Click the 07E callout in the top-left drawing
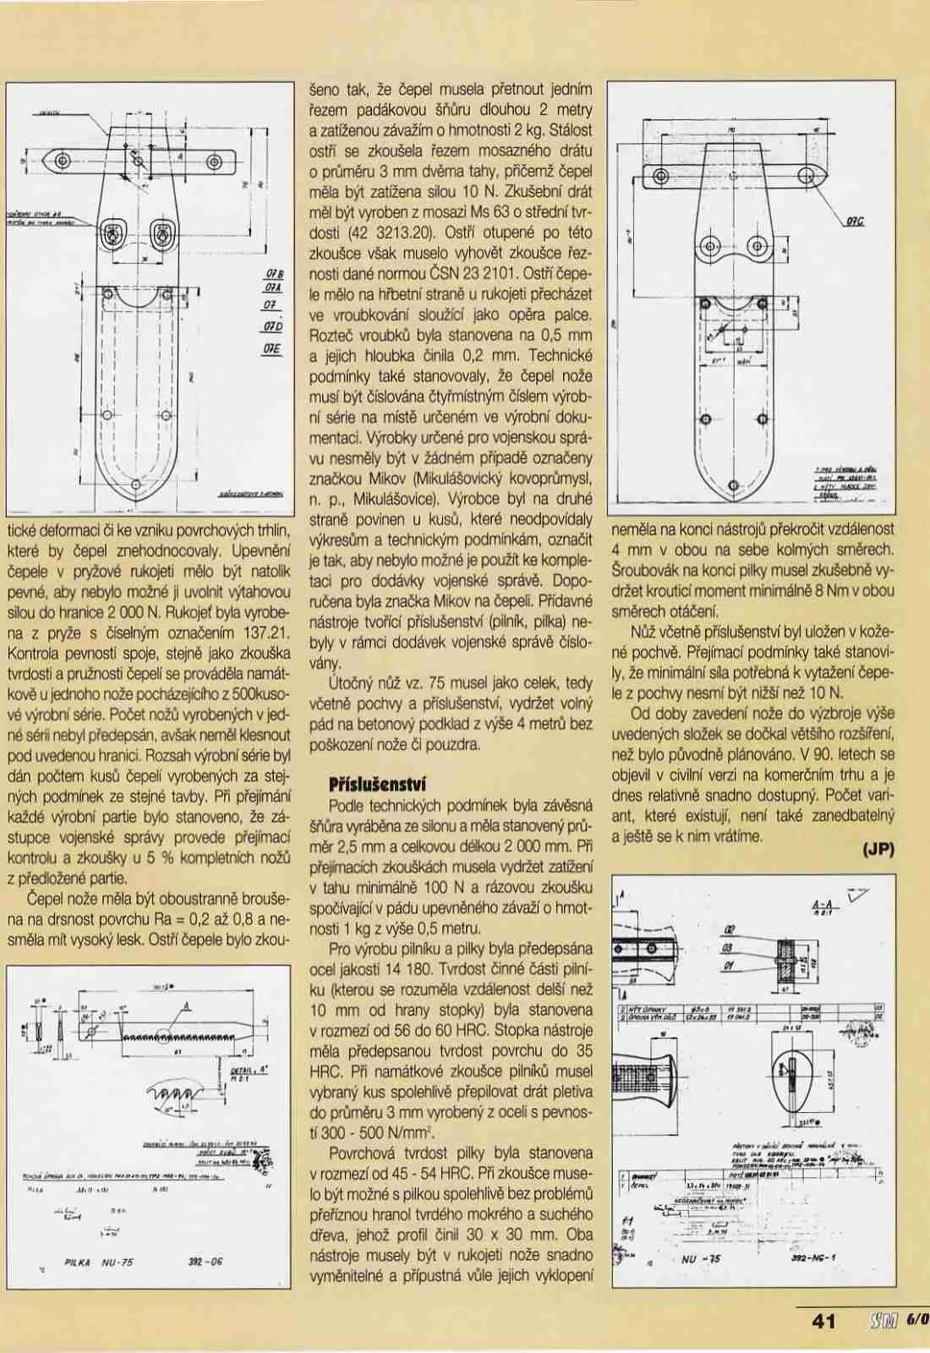[x=271, y=348]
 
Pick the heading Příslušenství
[x=380, y=781]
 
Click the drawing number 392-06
[x=206, y=1263]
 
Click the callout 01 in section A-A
[x=729, y=966]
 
